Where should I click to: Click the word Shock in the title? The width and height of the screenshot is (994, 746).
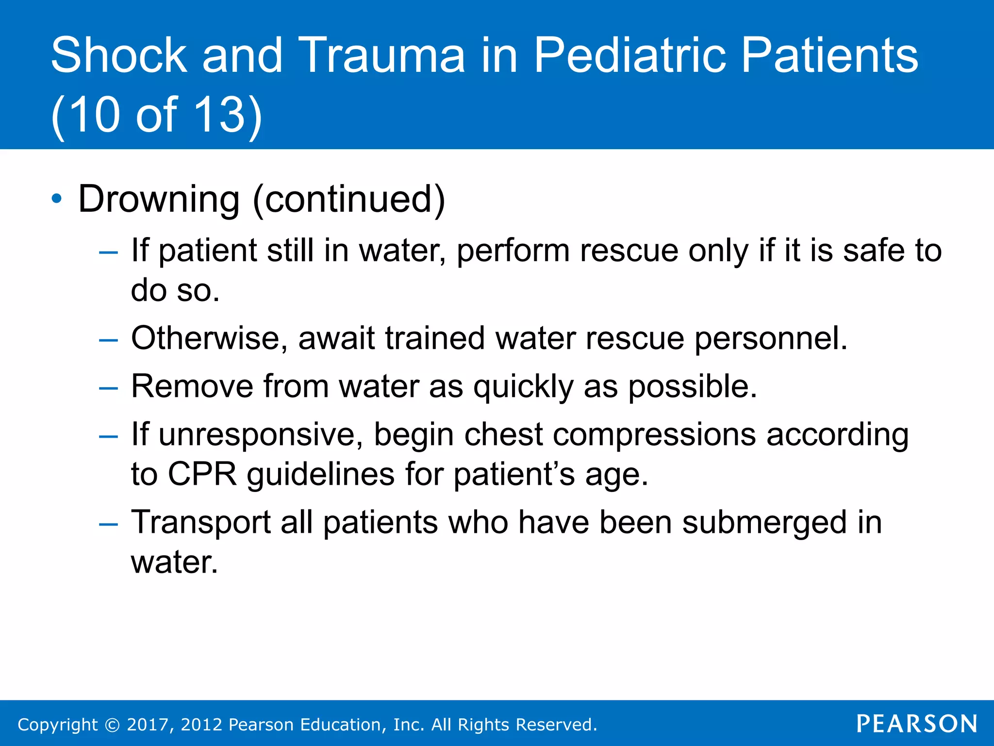pos(118,55)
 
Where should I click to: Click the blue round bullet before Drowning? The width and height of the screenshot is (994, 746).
pos(57,199)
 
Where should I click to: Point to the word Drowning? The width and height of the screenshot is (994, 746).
pos(159,199)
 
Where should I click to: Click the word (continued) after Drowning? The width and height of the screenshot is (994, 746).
pos(348,199)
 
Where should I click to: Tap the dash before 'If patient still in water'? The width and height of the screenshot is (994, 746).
pos(108,253)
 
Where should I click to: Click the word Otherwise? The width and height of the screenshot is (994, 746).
pos(206,338)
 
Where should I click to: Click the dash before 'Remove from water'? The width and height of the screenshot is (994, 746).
pos(108,388)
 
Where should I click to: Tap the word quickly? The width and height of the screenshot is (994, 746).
pos(523,387)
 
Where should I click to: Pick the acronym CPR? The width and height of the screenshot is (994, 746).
pos(202,474)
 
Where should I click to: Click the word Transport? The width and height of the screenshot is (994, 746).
pos(200,523)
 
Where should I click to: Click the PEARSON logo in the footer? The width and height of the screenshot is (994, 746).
pos(916,724)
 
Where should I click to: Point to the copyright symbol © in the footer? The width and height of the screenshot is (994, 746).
pos(112,725)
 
